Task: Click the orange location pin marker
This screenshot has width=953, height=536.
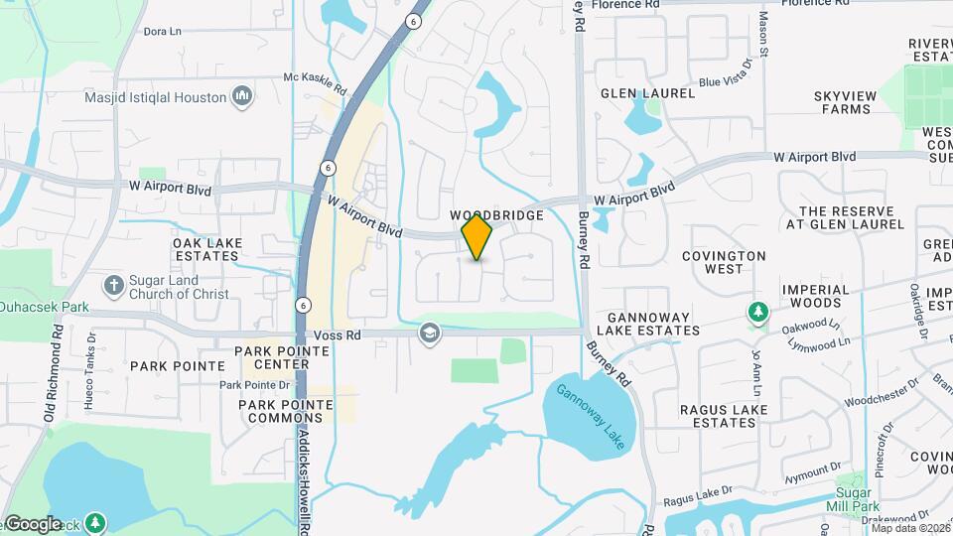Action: click(x=476, y=237)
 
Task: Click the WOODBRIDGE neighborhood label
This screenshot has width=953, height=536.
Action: click(x=496, y=215)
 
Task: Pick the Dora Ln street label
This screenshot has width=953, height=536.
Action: click(x=163, y=32)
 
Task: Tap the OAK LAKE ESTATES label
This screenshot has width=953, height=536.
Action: click(x=205, y=249)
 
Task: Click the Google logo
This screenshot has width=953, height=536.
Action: click(x=34, y=523)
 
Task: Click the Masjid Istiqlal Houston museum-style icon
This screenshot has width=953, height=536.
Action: click(x=241, y=97)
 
